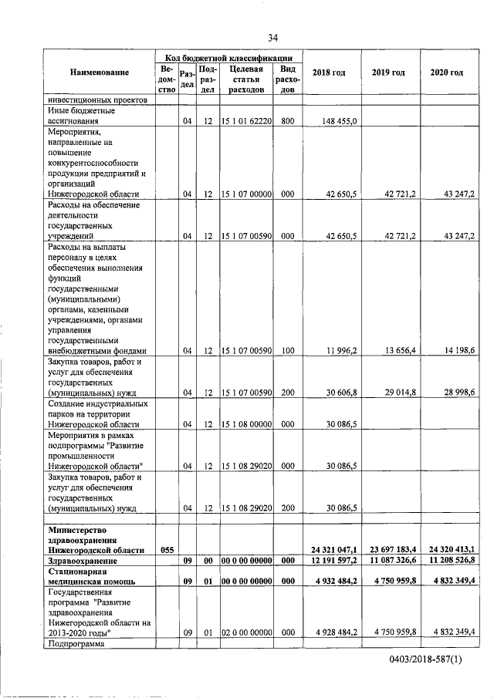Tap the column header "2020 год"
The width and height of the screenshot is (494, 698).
(x=446, y=72)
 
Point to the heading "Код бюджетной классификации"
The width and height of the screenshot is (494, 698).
(x=229, y=58)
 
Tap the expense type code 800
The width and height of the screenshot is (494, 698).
(x=288, y=121)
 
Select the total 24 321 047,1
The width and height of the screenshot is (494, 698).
(x=332, y=550)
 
